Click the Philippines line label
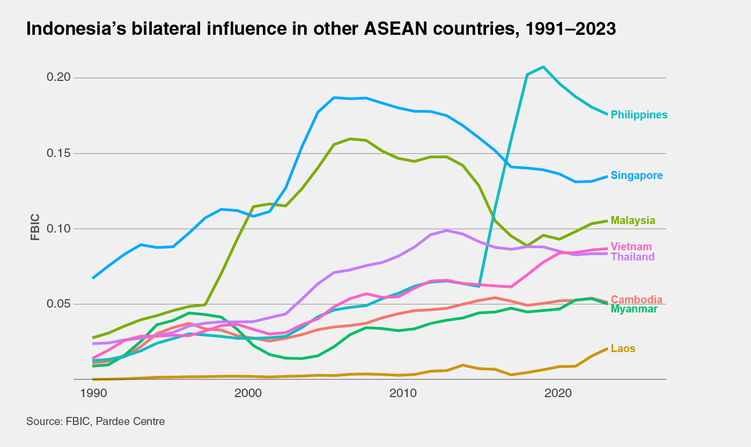pos(639,115)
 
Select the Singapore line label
pos(637,175)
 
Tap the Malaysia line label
pos(633,220)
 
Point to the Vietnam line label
pos(631,247)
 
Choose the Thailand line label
pos(632,257)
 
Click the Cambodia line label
pos(636,300)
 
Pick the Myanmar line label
pos(634,309)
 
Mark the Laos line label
pos(623,348)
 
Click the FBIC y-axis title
pos(35,229)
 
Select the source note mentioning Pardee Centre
pos(95,421)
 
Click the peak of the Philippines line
pos(543,67)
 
